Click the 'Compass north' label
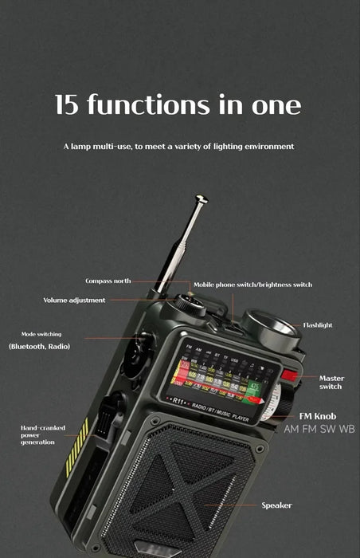tap(108, 281)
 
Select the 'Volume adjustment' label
tap(74, 301)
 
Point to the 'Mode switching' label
tap(41, 334)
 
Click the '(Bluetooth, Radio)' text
tap(40, 347)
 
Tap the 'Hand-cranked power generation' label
tap(43, 434)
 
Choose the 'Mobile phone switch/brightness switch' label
tap(252, 285)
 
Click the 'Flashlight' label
tap(318, 325)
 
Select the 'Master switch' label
tap(331, 382)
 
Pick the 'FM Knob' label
tap(317, 416)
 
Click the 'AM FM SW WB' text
tap(319, 429)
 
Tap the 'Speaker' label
tap(276, 505)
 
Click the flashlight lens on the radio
tap(269, 328)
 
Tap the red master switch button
tap(289, 375)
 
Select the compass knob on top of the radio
tap(190, 303)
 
